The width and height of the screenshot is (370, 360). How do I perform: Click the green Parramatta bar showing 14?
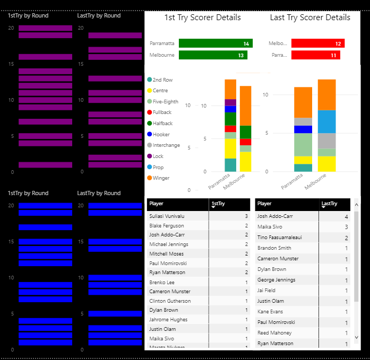215,43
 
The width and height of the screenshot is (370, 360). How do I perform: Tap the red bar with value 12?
317,43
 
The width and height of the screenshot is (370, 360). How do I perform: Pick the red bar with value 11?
315,55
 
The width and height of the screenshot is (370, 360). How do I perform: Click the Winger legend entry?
161,178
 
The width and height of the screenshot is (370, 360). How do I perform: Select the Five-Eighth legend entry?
165,102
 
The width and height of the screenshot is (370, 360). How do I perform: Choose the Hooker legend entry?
161,135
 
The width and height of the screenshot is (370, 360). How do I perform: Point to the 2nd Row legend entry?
162,80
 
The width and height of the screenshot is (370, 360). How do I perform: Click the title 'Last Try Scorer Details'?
310,17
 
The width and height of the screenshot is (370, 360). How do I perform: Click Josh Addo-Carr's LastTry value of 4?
346,216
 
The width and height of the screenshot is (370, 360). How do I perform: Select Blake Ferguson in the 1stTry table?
167,225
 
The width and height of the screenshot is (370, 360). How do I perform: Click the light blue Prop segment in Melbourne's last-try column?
327,121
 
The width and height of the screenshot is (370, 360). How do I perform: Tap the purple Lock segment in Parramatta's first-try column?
230,102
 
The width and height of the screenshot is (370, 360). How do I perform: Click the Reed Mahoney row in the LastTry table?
274,333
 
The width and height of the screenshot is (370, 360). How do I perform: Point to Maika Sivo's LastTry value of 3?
346,227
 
